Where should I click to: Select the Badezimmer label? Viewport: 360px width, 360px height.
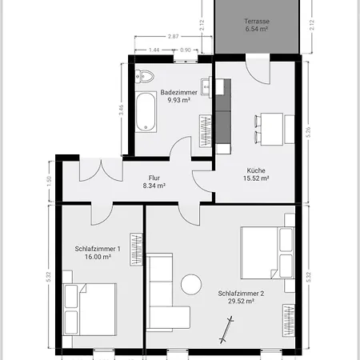[175, 92]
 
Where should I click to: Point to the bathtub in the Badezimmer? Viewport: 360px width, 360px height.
[146, 112]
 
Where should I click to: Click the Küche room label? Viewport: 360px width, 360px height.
[256, 170]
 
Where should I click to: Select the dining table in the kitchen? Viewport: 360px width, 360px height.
[267, 124]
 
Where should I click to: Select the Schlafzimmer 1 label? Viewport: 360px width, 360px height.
[98, 249]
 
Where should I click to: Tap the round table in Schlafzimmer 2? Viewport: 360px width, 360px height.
[192, 285]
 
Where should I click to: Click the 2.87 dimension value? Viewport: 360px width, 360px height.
[173, 37]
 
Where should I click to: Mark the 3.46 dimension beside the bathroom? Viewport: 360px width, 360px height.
[121, 110]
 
